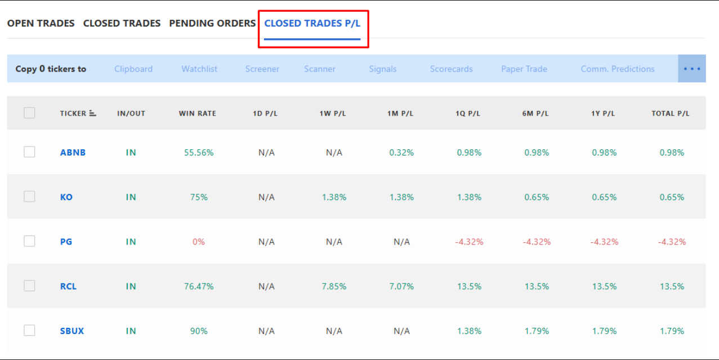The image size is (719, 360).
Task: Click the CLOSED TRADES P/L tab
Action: pyautogui.click(x=312, y=24)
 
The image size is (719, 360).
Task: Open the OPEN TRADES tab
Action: pyautogui.click(x=41, y=24)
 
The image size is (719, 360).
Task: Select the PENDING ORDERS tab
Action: pyautogui.click(x=212, y=24)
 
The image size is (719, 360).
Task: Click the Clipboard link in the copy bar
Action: pyautogui.click(x=133, y=69)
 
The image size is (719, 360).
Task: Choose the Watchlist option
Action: pyautogui.click(x=199, y=69)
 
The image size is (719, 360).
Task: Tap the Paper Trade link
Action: pyautogui.click(x=524, y=69)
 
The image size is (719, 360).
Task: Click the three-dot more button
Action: pyautogui.click(x=692, y=69)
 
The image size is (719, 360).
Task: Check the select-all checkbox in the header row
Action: pyautogui.click(x=29, y=113)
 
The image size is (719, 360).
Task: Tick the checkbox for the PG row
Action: pyautogui.click(x=29, y=241)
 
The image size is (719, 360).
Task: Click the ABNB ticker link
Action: pyautogui.click(x=73, y=153)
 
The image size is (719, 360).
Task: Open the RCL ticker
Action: pyautogui.click(x=68, y=286)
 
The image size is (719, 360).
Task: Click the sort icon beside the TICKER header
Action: pyautogui.click(x=93, y=113)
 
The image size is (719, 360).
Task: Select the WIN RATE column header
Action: pyautogui.click(x=198, y=114)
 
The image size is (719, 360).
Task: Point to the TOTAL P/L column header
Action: pyautogui.click(x=670, y=114)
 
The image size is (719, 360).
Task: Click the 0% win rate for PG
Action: pyautogui.click(x=199, y=242)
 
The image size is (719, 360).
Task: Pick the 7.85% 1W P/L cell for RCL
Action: pyautogui.click(x=334, y=286)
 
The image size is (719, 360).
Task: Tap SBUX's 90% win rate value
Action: pyautogui.click(x=199, y=331)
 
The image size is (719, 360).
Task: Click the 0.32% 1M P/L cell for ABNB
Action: pyautogui.click(x=401, y=153)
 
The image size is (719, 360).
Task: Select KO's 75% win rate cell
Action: pyautogui.click(x=199, y=197)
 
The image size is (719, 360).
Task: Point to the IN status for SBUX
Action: pyautogui.click(x=131, y=331)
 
